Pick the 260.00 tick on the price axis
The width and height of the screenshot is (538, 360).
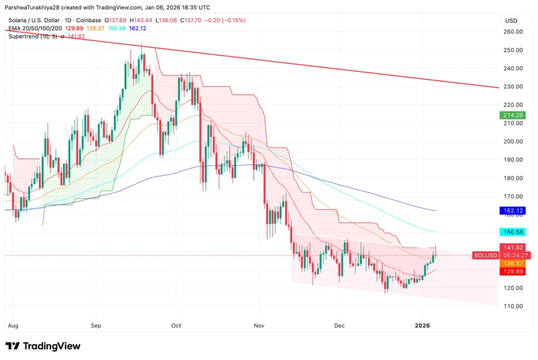point(512,32)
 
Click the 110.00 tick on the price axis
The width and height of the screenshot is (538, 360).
point(512,306)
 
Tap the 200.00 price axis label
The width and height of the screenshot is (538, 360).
point(512,142)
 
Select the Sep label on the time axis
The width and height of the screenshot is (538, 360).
point(96,326)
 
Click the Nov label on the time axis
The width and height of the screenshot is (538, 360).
point(258,326)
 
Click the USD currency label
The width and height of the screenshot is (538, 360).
point(511,20)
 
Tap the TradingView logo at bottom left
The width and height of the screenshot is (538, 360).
point(43,346)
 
